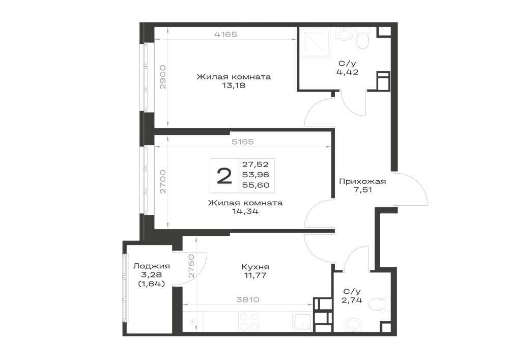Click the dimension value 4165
[x=226, y=34]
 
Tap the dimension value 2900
[x=163, y=77]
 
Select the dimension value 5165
[x=243, y=142]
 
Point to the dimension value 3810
[x=248, y=299]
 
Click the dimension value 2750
[x=191, y=265]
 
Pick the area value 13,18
[x=234, y=86]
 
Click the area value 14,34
[x=245, y=212]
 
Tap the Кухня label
[x=255, y=267]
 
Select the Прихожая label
[x=362, y=181]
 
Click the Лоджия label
[x=152, y=266]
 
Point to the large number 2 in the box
[x=224, y=176]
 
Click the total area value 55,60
[x=256, y=185]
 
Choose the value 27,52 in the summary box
[x=256, y=164]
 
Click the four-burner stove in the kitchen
[x=249, y=321]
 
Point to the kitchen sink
[x=302, y=321]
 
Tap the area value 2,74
[x=352, y=300]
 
